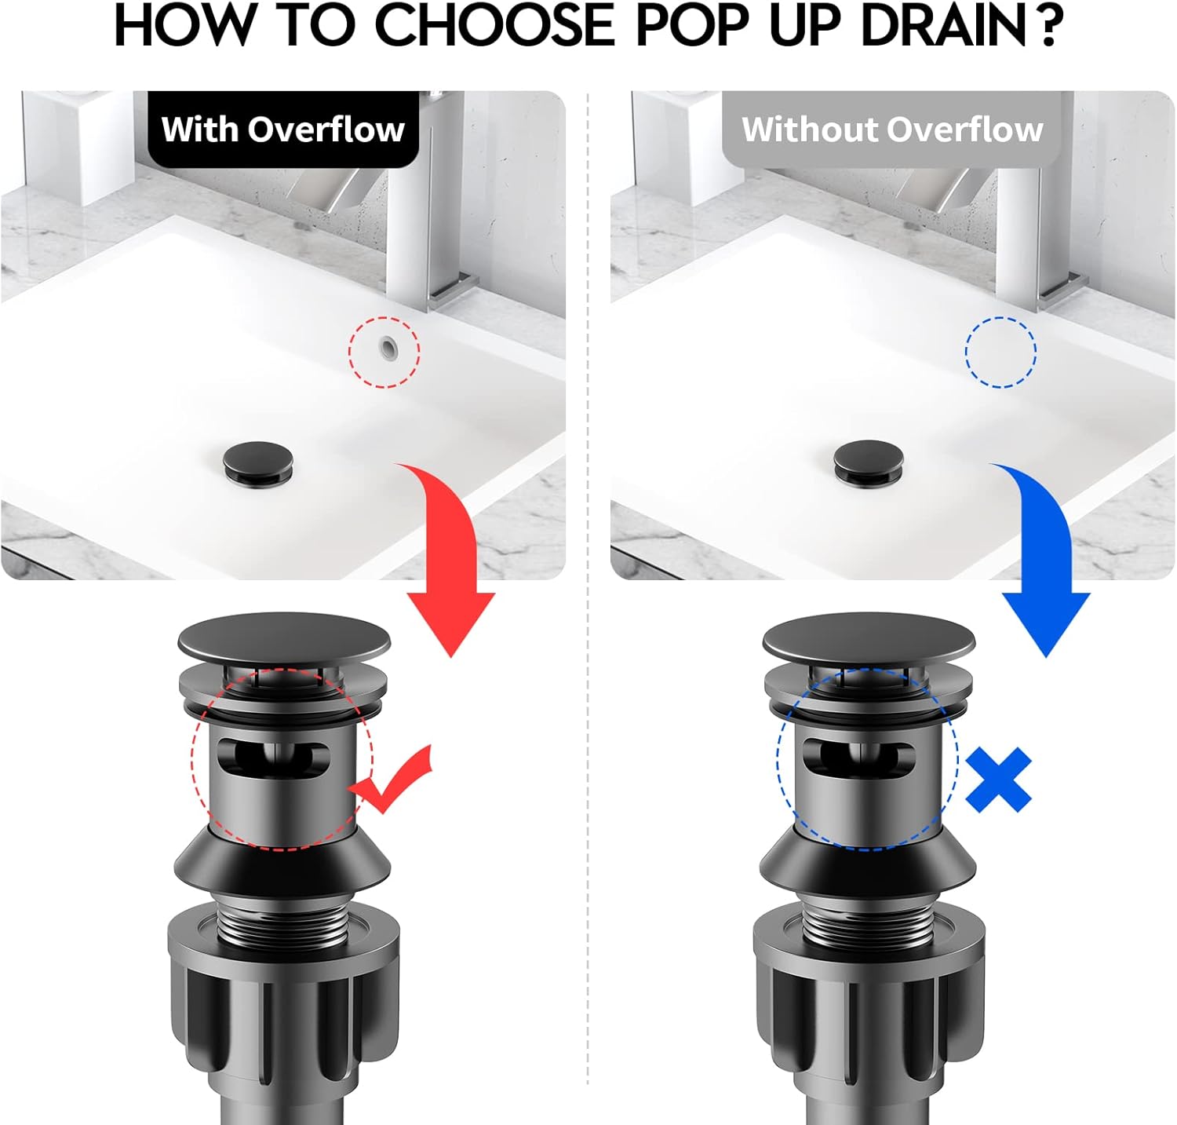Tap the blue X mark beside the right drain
[x=998, y=780]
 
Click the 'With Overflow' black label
[x=282, y=130]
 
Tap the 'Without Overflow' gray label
[x=892, y=130]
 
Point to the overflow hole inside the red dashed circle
[x=386, y=346]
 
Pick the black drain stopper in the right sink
[x=868, y=462]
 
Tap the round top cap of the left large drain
[x=284, y=637]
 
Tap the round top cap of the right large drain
[x=869, y=637]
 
